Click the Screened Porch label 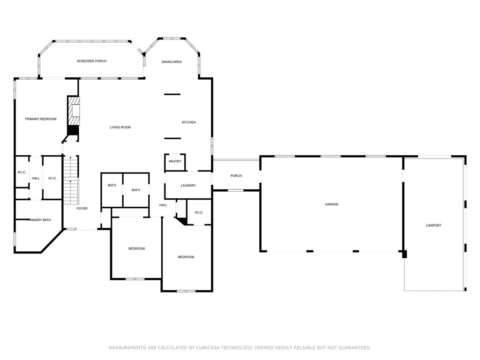pyautogui.click(x=91, y=61)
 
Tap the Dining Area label pyautogui.click(x=172, y=62)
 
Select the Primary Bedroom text pyautogui.click(x=41, y=119)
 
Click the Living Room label pyautogui.click(x=120, y=127)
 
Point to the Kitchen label pyautogui.click(x=189, y=122)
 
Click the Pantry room pyautogui.click(x=175, y=162)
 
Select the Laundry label pyautogui.click(x=188, y=186)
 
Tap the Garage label pyautogui.click(x=331, y=204)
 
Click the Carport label pyautogui.click(x=433, y=225)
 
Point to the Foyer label pyautogui.click(x=82, y=209)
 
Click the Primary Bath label pyautogui.click(x=39, y=220)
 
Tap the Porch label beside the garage pyautogui.click(x=236, y=176)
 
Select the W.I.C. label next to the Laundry pyautogui.click(x=199, y=213)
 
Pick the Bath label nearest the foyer pyautogui.click(x=112, y=185)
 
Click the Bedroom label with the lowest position pyautogui.click(x=186, y=257)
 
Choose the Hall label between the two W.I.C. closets pyautogui.click(x=36, y=178)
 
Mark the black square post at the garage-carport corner pyautogui.click(x=404, y=254)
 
